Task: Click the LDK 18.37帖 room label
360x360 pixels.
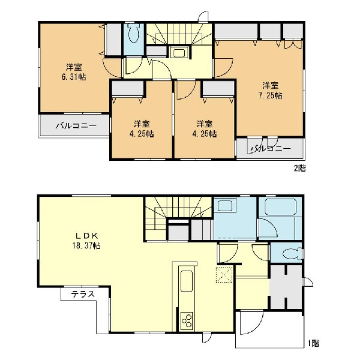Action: (x=86, y=241)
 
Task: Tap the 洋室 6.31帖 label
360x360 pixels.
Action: (x=74, y=72)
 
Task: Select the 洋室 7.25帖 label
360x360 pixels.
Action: (x=271, y=91)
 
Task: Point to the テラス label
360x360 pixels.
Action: (x=83, y=294)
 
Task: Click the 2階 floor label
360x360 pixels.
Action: (x=300, y=169)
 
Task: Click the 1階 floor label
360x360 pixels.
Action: (x=313, y=343)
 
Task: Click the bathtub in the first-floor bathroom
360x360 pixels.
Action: (x=280, y=206)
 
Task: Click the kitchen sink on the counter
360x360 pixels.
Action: (x=187, y=281)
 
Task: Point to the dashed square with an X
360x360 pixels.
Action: (x=224, y=275)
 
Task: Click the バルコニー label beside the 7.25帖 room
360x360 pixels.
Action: (x=271, y=149)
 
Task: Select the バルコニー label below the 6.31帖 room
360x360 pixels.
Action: (x=76, y=125)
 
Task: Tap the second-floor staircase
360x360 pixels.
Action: (x=179, y=34)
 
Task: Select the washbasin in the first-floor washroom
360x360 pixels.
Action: (x=226, y=205)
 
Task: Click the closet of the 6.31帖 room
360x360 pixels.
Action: (x=113, y=40)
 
